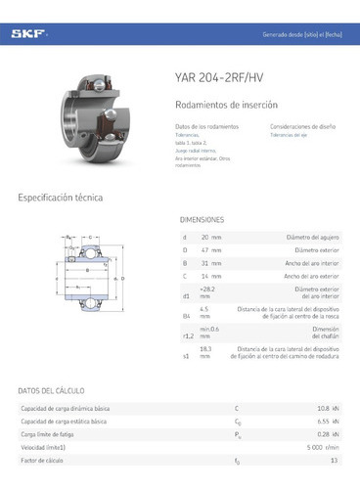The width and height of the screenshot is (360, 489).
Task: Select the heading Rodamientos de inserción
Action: (227, 104)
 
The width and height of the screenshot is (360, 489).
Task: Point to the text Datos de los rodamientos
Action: (205, 127)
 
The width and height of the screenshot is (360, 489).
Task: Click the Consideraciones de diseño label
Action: (304, 127)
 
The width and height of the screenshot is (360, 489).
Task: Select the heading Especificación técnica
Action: (61, 198)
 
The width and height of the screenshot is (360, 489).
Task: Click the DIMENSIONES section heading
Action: (202, 220)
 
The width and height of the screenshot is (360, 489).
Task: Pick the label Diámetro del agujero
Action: (312, 237)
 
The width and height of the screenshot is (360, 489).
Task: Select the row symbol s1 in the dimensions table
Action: (186, 357)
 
